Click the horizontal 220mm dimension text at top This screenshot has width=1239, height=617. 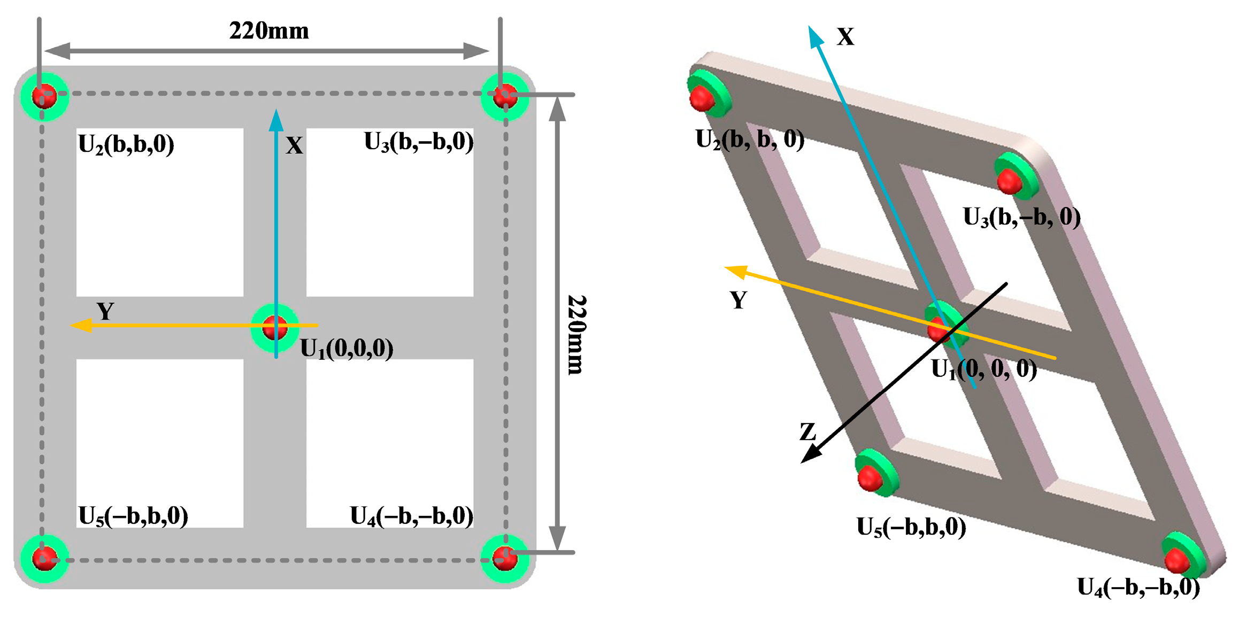tap(269, 31)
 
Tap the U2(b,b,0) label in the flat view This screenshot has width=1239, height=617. tap(126, 144)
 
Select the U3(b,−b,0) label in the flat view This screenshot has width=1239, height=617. tap(419, 142)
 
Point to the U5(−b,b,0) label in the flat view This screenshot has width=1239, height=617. tap(133, 516)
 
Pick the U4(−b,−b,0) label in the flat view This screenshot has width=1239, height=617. tap(412, 516)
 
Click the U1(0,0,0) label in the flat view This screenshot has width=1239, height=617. tap(347, 349)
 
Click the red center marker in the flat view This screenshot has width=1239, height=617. tap(275, 327)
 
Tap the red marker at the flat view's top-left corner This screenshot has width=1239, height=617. tap(44, 96)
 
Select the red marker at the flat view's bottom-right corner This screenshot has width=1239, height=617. tap(504, 559)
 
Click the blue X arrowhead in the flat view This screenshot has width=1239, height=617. tap(276, 120)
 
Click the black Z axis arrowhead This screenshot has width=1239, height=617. tap(811, 454)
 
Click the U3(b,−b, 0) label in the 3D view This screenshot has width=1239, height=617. tap(1021, 218)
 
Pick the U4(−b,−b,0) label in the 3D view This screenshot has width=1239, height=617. tap(1138, 588)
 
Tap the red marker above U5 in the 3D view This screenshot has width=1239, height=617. tap(869, 477)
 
